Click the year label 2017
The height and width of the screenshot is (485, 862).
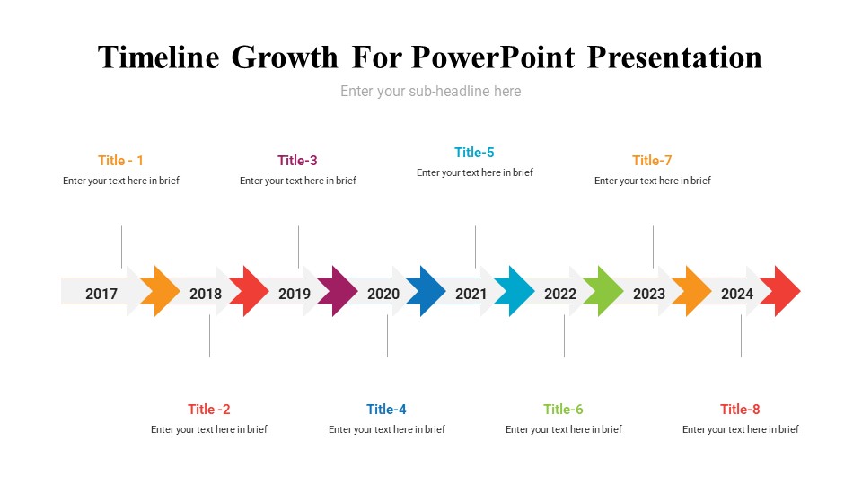coord(101,294)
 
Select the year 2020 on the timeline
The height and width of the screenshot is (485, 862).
coord(383,294)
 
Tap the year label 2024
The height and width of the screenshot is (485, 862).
coord(737,294)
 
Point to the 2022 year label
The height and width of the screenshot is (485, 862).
coord(560,294)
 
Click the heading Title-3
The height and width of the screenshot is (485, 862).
coord(297,161)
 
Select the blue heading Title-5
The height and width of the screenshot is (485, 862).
coord(474,153)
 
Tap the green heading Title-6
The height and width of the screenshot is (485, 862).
coord(563,410)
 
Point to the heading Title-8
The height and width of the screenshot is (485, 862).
coord(740,410)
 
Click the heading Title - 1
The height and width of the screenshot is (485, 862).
coord(121,161)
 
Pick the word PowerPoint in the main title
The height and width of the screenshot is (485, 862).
coord(493,57)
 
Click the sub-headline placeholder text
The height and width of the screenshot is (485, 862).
coord(430,92)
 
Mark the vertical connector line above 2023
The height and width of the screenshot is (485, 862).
coord(653,246)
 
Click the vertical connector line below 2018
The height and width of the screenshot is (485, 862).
coord(209,336)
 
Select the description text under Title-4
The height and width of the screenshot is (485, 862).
coord(387,429)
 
